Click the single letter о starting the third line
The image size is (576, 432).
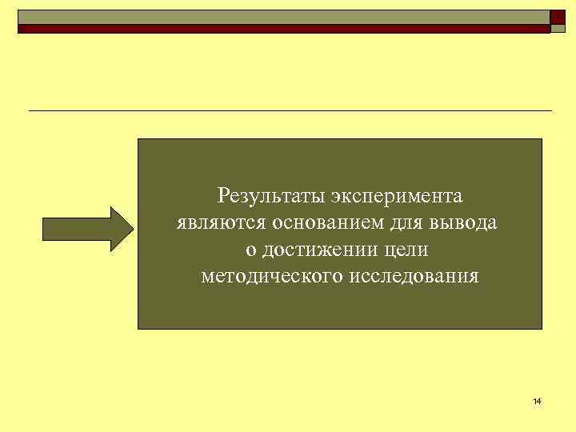pos(250,251)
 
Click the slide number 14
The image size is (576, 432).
pos(536,401)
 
